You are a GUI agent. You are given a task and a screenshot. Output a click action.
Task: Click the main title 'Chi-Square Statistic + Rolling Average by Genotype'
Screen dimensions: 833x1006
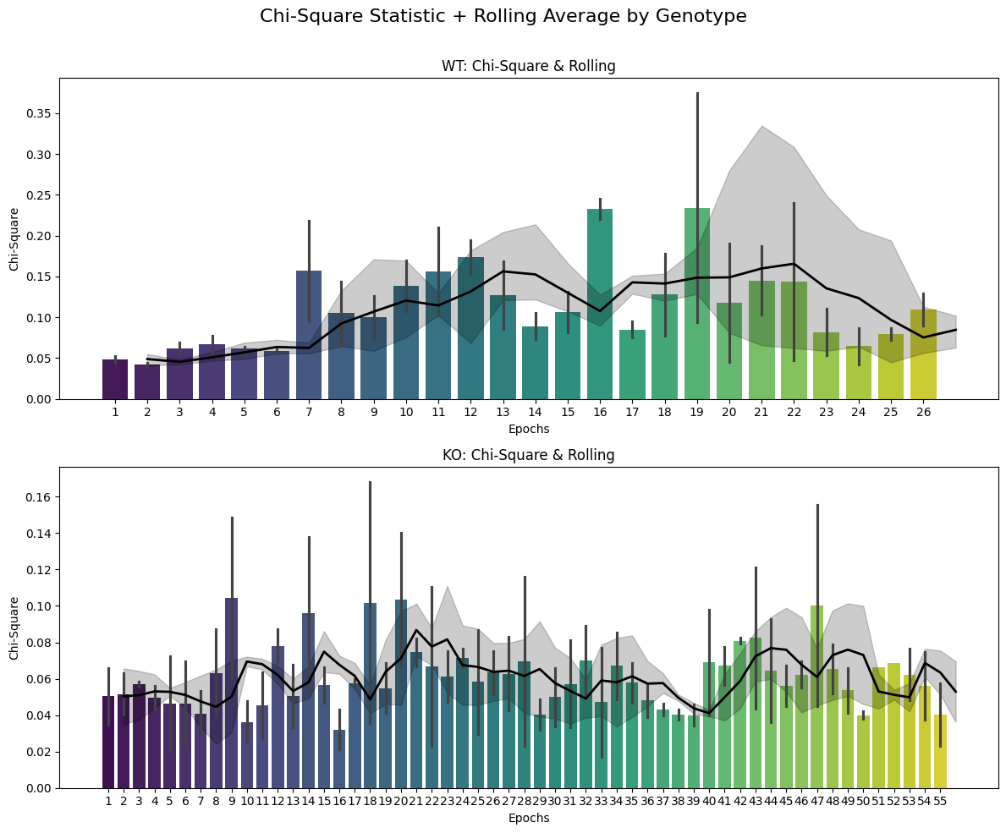503,16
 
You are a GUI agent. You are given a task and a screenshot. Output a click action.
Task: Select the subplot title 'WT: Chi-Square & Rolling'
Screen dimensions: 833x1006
528,66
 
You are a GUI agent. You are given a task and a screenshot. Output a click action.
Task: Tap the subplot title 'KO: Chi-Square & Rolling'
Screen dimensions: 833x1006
528,455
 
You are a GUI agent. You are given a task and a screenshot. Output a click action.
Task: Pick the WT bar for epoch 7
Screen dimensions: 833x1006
309,335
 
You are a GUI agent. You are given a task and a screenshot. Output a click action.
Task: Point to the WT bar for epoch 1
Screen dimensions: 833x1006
115,379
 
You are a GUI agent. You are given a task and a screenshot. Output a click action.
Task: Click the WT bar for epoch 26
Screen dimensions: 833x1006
923,354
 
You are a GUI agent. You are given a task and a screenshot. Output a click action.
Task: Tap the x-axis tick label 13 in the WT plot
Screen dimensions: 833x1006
503,412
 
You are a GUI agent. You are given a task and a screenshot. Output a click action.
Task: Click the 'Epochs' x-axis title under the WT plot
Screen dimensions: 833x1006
528,429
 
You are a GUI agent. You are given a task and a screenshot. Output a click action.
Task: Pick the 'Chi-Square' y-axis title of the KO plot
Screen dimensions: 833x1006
14,627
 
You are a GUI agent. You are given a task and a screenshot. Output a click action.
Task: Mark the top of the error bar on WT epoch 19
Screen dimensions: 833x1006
697,93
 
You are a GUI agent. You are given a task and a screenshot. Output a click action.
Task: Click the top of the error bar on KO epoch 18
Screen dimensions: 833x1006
370,482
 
